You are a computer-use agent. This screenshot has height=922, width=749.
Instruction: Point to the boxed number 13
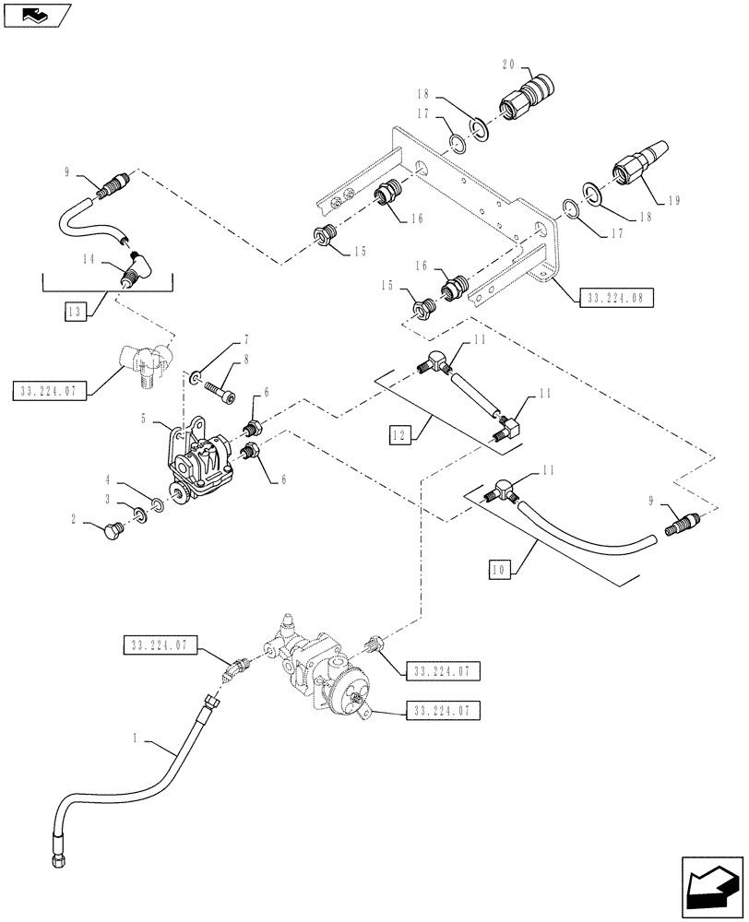point(75,313)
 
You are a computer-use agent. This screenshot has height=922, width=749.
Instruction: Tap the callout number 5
point(144,417)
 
